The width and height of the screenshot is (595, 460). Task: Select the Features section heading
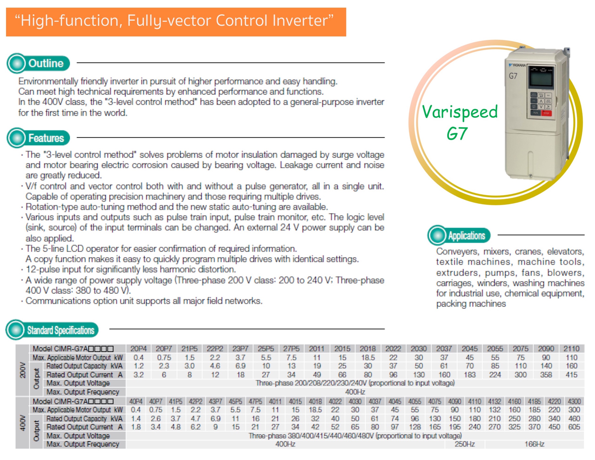tap(46, 138)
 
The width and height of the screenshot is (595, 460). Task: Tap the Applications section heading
tap(466, 236)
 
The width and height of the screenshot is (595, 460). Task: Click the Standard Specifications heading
tap(60, 330)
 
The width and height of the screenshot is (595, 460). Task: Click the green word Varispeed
tap(460, 112)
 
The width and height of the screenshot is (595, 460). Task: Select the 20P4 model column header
tap(138, 349)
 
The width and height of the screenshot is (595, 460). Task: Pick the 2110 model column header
tap(571, 349)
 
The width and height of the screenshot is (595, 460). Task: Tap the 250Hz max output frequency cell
tap(464, 444)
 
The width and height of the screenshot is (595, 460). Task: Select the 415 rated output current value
tap(571, 375)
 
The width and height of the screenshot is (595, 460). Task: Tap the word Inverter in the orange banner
tap(303, 21)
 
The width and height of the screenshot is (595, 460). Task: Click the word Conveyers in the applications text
tap(457, 251)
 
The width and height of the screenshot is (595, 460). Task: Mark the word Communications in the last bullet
tap(58, 301)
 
